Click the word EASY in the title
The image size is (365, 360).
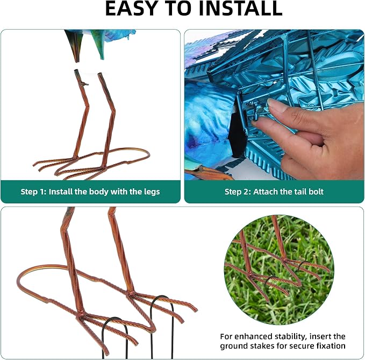(128, 9)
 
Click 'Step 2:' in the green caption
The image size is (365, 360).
(238, 192)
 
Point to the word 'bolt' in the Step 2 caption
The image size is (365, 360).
(316, 192)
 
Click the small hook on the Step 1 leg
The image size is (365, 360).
(84, 83)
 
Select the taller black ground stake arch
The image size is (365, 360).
(162, 326)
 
